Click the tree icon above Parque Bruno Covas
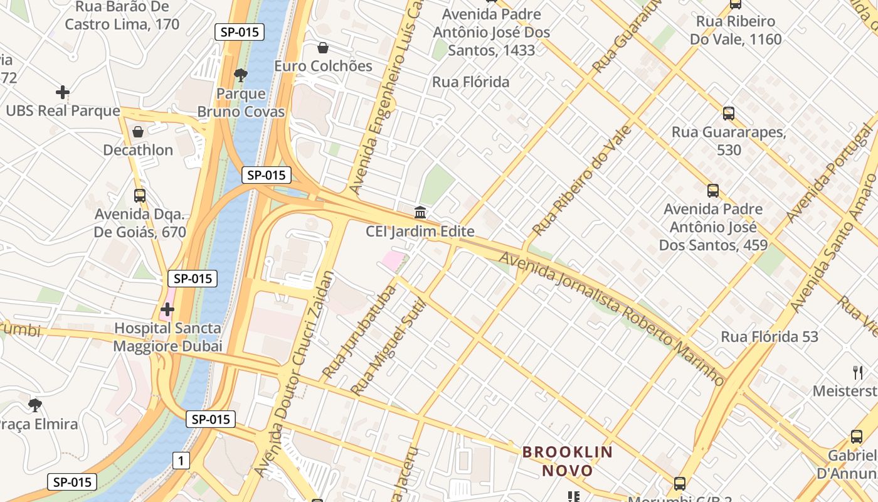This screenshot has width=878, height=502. [x=240, y=76]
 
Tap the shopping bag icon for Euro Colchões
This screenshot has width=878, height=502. [x=323, y=48]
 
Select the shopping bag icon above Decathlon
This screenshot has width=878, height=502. [x=138, y=132]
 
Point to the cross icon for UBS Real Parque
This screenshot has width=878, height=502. [x=63, y=92]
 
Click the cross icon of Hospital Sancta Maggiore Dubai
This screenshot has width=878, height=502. [x=167, y=309]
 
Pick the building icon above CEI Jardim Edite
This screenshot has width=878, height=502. [x=420, y=212]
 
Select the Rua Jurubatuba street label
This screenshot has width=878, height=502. [x=359, y=332]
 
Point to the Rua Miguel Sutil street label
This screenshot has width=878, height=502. [x=388, y=347]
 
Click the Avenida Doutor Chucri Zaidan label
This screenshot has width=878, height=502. [x=295, y=373]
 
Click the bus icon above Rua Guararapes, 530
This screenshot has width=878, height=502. [x=729, y=114]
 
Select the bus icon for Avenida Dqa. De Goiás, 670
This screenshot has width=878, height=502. [x=140, y=195]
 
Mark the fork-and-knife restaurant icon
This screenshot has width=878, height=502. [x=858, y=373]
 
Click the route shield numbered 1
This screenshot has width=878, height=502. [x=181, y=461]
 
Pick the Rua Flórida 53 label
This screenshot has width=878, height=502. [x=770, y=337]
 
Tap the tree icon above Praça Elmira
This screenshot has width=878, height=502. [x=35, y=405]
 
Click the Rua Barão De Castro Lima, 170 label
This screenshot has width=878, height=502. [x=122, y=16]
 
